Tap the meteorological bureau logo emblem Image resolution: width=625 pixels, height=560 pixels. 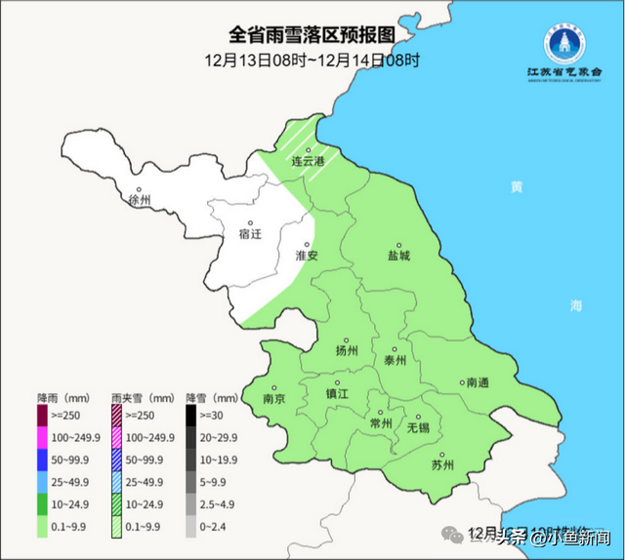tap(563, 43)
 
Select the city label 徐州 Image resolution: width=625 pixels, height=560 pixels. tap(140, 200)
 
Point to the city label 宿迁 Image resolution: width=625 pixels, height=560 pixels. tap(250, 234)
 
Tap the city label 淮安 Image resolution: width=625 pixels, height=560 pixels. tap(307, 255)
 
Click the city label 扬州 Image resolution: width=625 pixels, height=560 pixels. tap(347, 350)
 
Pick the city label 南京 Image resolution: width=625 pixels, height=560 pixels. tap(274, 399)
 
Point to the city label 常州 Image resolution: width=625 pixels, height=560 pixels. tap(381, 423)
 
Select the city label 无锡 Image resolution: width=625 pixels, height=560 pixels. tap(418, 427)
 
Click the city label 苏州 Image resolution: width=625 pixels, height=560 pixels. tap(442, 464)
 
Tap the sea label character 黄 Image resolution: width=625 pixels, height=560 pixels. tap(517, 187)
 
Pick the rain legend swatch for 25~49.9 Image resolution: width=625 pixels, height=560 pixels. tap(43, 483)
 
